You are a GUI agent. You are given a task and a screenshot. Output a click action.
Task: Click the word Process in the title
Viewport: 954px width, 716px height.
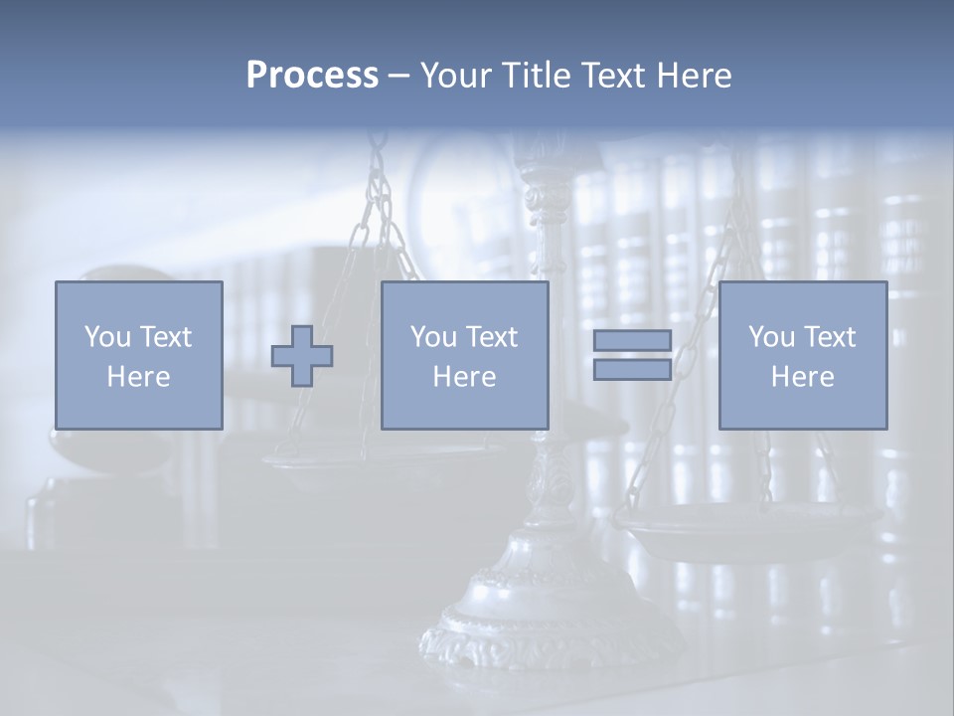(x=312, y=75)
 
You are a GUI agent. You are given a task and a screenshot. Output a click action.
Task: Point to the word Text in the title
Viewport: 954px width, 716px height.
(x=614, y=75)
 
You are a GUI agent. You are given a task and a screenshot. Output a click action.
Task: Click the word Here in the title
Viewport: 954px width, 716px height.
(x=696, y=75)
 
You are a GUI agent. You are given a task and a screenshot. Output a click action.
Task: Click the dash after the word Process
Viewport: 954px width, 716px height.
(x=398, y=76)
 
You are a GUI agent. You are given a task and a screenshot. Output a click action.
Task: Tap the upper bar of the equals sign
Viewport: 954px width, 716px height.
(x=632, y=340)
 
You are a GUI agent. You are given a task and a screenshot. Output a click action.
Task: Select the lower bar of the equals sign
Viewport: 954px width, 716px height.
(x=632, y=369)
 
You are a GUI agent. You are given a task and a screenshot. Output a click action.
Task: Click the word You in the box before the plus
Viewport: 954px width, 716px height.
(x=105, y=337)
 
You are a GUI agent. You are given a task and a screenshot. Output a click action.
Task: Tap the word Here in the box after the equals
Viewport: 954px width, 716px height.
(x=802, y=377)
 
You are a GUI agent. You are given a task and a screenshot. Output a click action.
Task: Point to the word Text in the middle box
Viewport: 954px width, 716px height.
(x=492, y=337)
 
